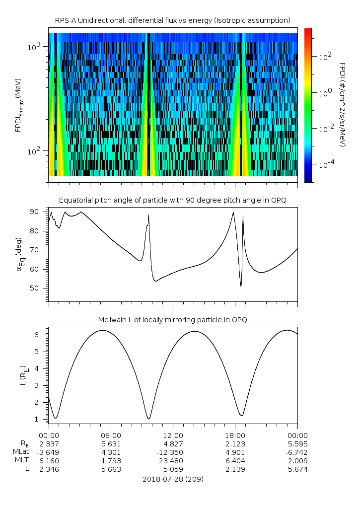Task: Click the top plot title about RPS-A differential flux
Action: point(172,20)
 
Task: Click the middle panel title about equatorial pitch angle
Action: point(172,201)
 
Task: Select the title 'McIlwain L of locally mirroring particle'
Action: point(172,320)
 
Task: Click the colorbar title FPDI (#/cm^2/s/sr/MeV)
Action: point(342,104)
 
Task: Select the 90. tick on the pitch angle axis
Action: point(36,212)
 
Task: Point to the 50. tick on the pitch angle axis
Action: point(36,288)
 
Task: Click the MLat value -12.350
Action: point(173,452)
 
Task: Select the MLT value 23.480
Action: point(173,461)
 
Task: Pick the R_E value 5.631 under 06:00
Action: point(110,444)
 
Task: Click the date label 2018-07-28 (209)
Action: point(173,480)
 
